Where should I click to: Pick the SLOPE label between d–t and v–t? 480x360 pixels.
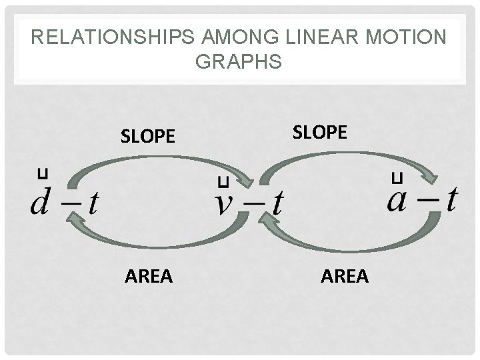point(147,137)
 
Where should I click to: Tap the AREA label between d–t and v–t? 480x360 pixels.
point(149,275)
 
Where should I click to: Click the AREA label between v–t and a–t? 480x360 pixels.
point(345,275)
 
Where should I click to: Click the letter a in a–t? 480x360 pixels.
point(399,198)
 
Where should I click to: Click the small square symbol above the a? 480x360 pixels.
point(398,177)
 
